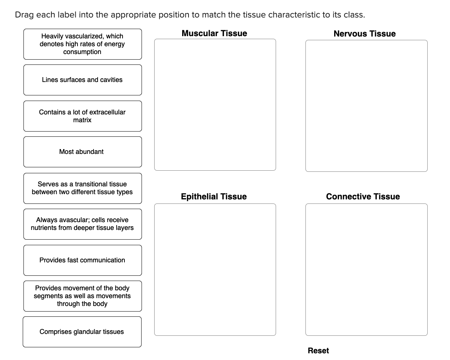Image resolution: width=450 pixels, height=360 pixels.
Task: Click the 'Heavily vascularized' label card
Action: [82, 44]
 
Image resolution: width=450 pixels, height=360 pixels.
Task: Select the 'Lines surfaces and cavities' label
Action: [82, 80]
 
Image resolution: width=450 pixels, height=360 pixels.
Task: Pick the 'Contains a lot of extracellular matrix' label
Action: [82, 116]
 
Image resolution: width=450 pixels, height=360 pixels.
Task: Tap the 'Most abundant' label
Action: [82, 152]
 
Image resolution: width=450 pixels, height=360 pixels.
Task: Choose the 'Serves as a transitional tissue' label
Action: [82, 188]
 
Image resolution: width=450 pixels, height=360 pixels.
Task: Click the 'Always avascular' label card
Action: [82, 224]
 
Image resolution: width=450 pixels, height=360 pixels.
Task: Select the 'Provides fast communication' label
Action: [82, 260]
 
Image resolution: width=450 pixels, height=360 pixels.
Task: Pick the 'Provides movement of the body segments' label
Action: [82, 296]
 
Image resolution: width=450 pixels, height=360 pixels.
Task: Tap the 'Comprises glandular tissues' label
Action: [82, 332]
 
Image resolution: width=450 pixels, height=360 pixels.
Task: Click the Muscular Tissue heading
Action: [214, 34]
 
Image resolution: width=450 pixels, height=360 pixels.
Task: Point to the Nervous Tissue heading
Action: [364, 34]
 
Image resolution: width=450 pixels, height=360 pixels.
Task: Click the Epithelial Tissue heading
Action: [213, 196]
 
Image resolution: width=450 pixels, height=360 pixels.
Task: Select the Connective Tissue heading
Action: [363, 196]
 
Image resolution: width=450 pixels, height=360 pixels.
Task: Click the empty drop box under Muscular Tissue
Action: [215, 105]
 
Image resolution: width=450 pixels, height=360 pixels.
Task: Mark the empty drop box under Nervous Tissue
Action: [366, 106]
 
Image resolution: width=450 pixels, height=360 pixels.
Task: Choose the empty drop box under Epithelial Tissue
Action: [215, 269]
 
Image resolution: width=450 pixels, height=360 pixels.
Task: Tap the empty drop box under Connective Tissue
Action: [366, 269]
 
